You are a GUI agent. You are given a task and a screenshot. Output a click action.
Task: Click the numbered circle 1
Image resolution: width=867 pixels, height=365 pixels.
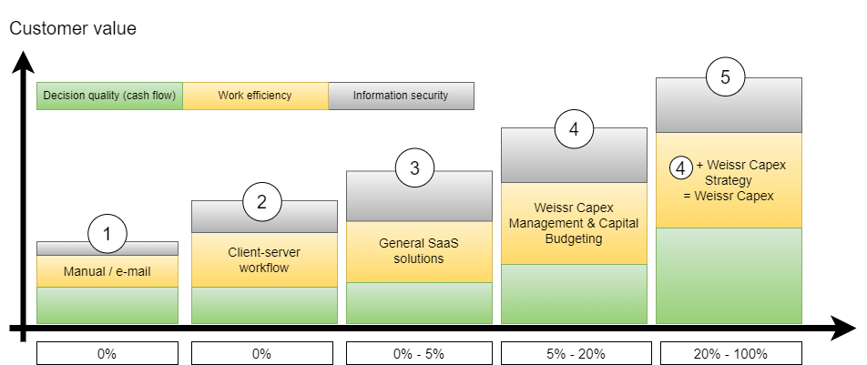pos(107,235)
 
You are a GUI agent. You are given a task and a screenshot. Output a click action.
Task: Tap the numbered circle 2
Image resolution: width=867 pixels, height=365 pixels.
pos(262,202)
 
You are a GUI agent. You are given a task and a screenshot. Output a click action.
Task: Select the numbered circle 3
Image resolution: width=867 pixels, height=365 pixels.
pos(415,167)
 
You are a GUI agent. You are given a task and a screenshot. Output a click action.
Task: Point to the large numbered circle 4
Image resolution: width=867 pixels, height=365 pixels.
pos(574,129)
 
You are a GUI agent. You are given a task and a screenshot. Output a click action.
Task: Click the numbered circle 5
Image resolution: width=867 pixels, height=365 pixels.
pos(725,76)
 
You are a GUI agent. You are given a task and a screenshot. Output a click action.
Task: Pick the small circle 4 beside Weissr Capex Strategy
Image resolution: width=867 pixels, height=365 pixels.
pos(680,167)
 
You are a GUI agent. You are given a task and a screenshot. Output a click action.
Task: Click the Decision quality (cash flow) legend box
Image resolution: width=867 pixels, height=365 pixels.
pos(110,96)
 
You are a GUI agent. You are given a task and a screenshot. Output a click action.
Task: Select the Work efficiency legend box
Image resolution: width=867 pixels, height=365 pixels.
pos(255,96)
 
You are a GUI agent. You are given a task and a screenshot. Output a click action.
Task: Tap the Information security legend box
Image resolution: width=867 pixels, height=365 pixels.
pos(401,96)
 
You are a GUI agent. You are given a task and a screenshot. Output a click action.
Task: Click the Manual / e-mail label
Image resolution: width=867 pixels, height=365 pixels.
pos(107,271)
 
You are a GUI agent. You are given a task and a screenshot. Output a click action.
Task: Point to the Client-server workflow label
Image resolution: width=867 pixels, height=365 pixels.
pos(262,259)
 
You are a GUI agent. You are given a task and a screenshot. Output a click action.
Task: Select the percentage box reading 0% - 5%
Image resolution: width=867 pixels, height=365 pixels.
pos(415,353)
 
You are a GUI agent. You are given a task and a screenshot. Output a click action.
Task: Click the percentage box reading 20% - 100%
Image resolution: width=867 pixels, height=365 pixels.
pos(729,353)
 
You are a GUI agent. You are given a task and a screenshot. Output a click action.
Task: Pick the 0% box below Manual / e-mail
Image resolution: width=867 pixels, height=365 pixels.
pos(107,353)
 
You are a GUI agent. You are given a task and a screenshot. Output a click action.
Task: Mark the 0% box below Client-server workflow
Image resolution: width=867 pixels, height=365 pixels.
pos(262,353)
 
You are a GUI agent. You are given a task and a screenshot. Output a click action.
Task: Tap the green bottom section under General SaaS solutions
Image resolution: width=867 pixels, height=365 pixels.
pos(415,303)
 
